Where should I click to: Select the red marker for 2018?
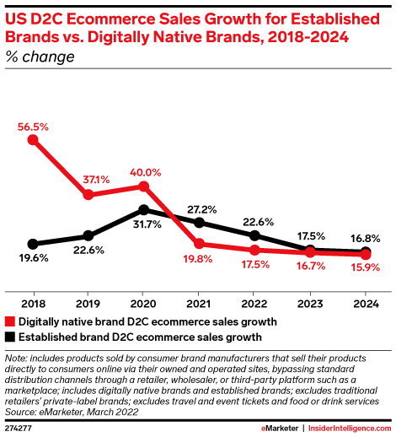click(33, 140)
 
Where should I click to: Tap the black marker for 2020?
click(143, 209)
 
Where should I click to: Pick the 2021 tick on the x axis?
click(199, 303)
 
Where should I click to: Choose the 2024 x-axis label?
click(365, 303)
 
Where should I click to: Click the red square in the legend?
click(10, 321)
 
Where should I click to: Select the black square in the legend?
click(10, 336)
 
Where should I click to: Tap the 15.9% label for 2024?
click(365, 267)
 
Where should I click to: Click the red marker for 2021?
click(199, 245)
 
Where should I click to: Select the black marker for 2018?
click(33, 243)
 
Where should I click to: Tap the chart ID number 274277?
click(21, 429)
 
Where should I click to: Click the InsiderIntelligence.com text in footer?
click(349, 429)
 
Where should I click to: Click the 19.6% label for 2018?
click(32, 259)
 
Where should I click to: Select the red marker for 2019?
click(88, 195)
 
